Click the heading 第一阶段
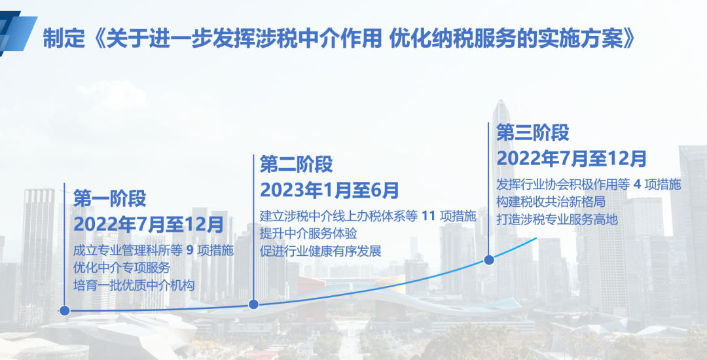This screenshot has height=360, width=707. (109, 199)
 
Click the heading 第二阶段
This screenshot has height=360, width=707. (297, 164)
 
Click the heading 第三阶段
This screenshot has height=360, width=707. (532, 132)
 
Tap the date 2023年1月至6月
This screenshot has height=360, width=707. (329, 190)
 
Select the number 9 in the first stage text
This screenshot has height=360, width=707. (190, 251)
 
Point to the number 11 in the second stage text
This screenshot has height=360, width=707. (429, 216)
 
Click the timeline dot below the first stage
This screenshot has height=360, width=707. (64, 310)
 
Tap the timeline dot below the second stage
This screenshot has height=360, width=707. (253, 304)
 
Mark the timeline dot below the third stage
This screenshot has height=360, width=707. (489, 260)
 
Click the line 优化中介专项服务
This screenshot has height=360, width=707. (122, 268)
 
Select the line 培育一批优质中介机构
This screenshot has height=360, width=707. (134, 285)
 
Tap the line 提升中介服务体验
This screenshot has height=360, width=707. (308, 234)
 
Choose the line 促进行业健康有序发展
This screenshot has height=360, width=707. (321, 251)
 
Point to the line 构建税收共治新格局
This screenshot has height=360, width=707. (551, 202)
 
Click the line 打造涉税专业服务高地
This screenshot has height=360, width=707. (557, 219)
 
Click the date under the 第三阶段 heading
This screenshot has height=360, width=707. (571, 158)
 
